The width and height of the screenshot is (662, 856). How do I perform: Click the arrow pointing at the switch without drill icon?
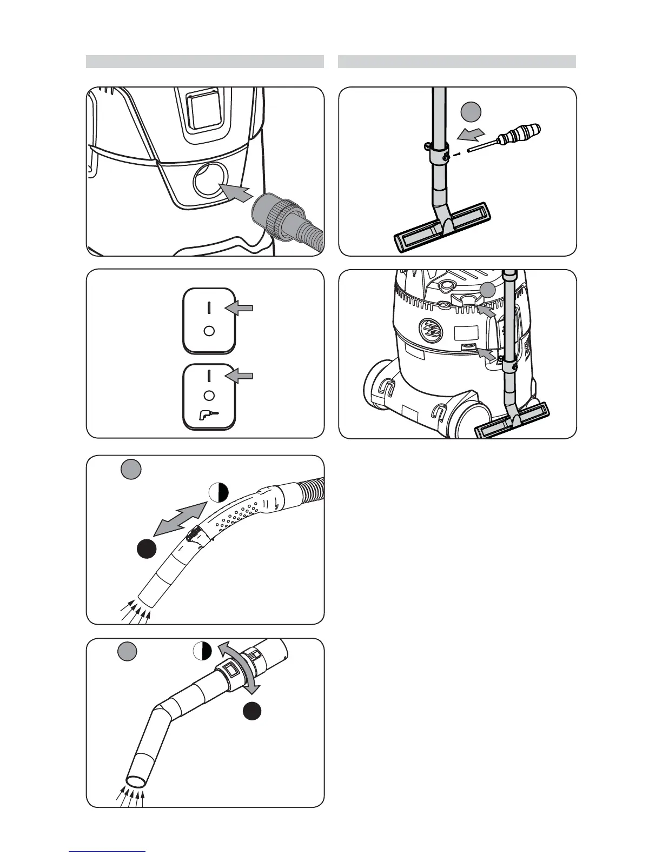[x=241, y=308]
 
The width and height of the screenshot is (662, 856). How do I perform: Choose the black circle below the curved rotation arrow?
[x=252, y=711]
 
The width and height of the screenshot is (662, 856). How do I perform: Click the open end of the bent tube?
[x=136, y=781]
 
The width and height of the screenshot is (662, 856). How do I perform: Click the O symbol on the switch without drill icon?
[x=209, y=331]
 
